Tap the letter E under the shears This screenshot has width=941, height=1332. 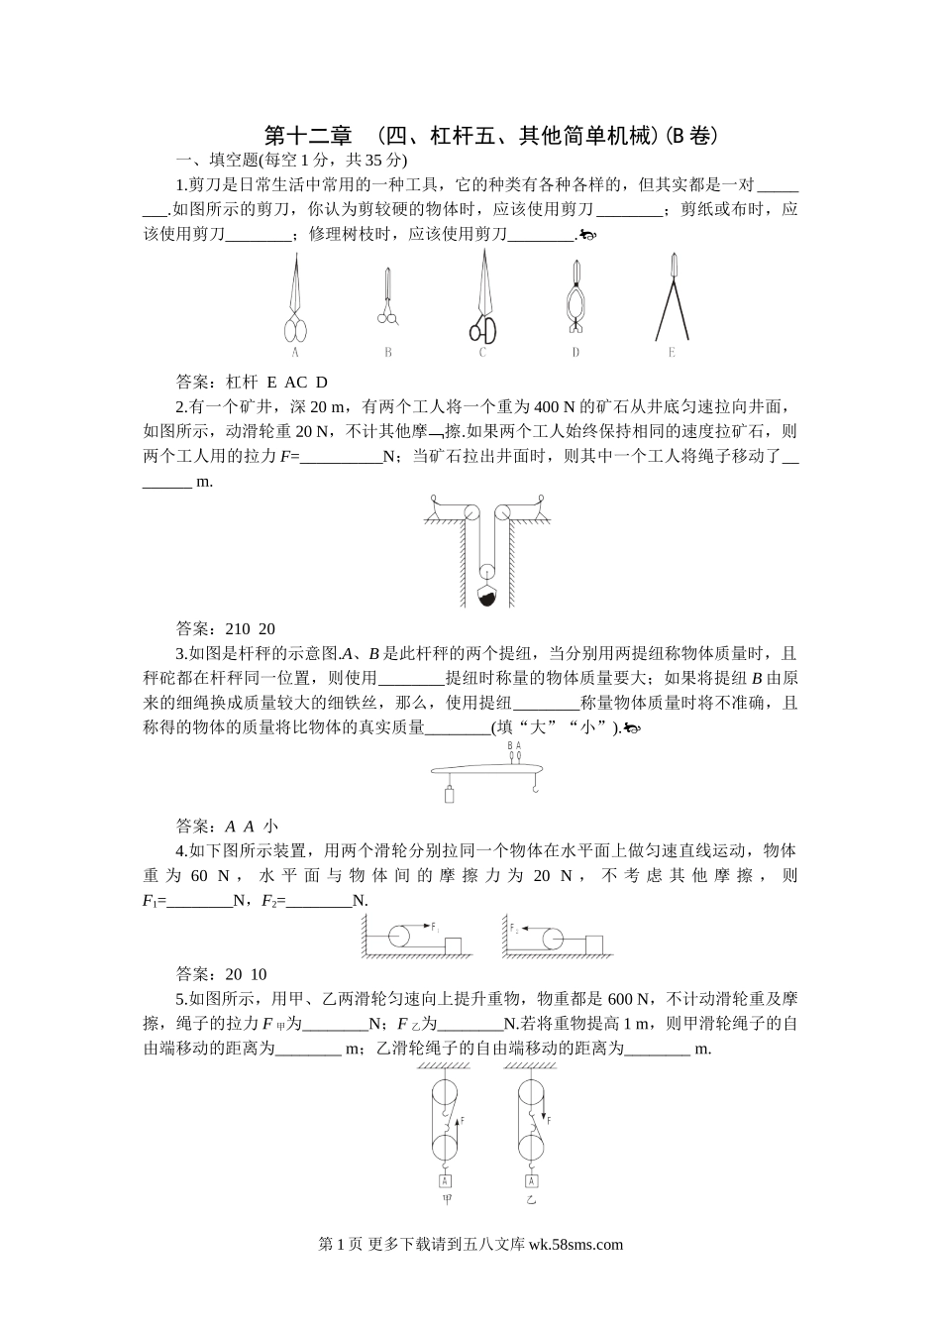(x=672, y=352)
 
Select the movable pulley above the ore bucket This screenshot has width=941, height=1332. (x=486, y=572)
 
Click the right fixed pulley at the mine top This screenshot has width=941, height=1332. (x=502, y=513)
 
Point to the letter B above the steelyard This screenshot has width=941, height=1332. (x=510, y=745)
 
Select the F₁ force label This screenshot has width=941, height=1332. (x=435, y=927)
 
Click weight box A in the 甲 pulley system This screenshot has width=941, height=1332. (x=445, y=1180)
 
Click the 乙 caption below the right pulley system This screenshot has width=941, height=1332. (x=531, y=1200)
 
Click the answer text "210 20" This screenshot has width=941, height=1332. (x=251, y=628)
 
